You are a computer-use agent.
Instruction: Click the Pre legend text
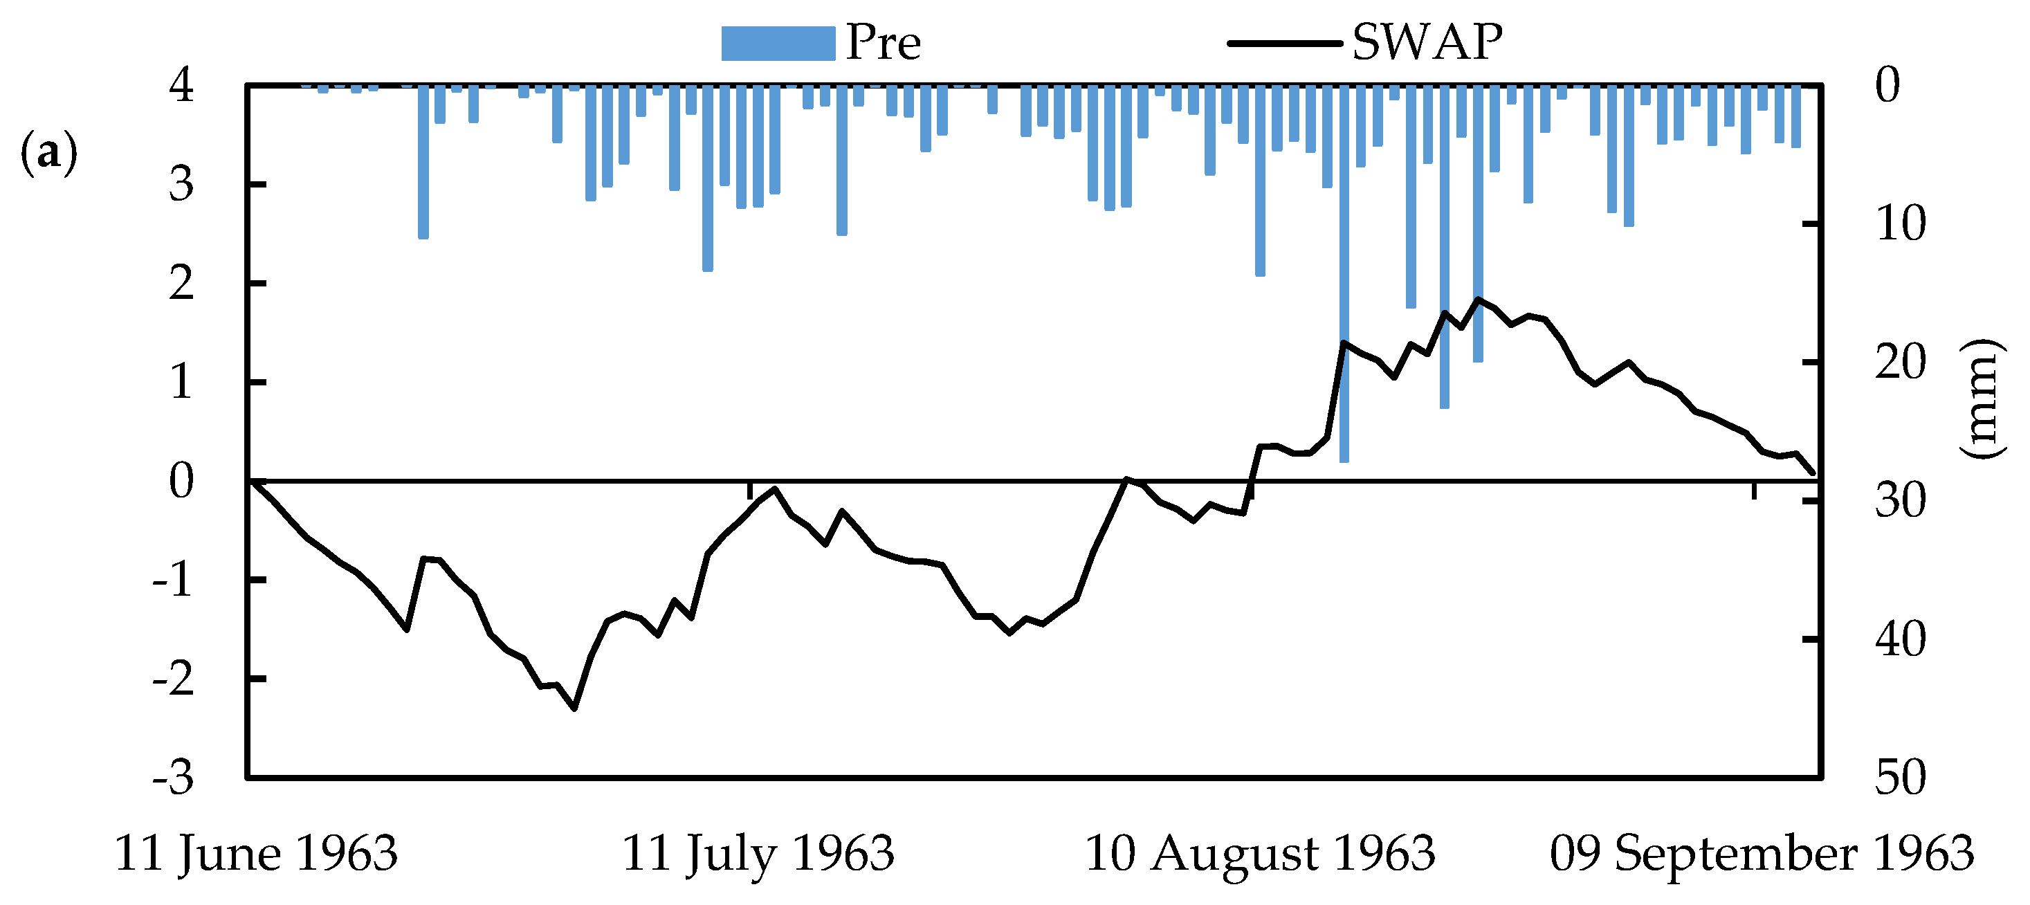point(883,43)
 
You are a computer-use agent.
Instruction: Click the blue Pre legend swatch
point(778,44)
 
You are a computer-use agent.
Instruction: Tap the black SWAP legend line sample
point(1285,44)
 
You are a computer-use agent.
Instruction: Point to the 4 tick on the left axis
point(181,84)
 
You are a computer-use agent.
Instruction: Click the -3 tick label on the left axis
point(174,778)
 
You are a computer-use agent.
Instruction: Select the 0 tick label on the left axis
point(181,481)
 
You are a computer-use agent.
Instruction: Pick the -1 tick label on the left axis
point(174,581)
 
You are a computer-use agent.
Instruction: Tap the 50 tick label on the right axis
point(1900,778)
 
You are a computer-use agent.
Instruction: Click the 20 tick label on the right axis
point(1900,363)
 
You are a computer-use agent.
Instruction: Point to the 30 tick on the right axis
point(1900,502)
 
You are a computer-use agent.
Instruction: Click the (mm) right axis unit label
point(1980,399)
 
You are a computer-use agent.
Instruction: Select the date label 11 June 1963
point(256,854)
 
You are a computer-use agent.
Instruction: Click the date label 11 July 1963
point(758,854)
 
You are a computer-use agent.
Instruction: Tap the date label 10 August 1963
point(1260,854)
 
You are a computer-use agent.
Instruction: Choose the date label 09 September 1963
point(1762,854)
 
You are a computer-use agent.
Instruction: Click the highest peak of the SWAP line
point(1478,299)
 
